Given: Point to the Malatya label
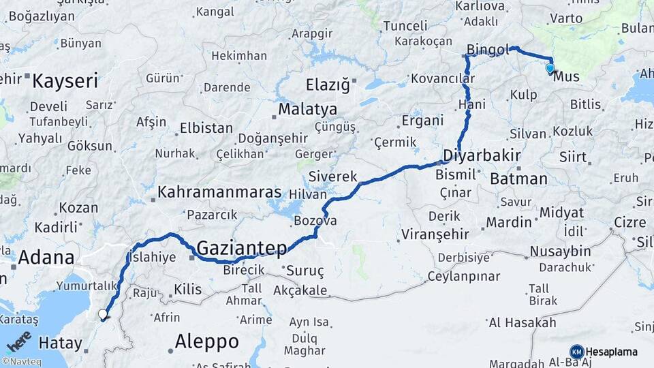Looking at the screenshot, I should coord(307,109).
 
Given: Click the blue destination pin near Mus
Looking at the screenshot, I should coord(550,67).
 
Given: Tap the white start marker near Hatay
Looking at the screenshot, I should coord(103,314).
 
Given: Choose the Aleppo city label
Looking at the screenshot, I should coord(207,341).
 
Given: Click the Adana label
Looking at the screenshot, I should coord(46,258).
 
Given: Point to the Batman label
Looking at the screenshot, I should coord(518,179).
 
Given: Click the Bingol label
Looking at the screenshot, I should coord(488,50).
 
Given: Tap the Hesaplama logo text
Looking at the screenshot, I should coord(612,352).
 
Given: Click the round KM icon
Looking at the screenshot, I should coord(576,352).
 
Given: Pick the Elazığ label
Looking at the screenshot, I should coord(328,85).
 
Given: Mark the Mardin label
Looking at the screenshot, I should coord(508,222).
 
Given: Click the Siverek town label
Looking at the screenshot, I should coord(333,177).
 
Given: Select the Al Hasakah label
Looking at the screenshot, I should coord(523,322).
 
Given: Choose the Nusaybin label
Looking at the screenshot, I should coord(561,251).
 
